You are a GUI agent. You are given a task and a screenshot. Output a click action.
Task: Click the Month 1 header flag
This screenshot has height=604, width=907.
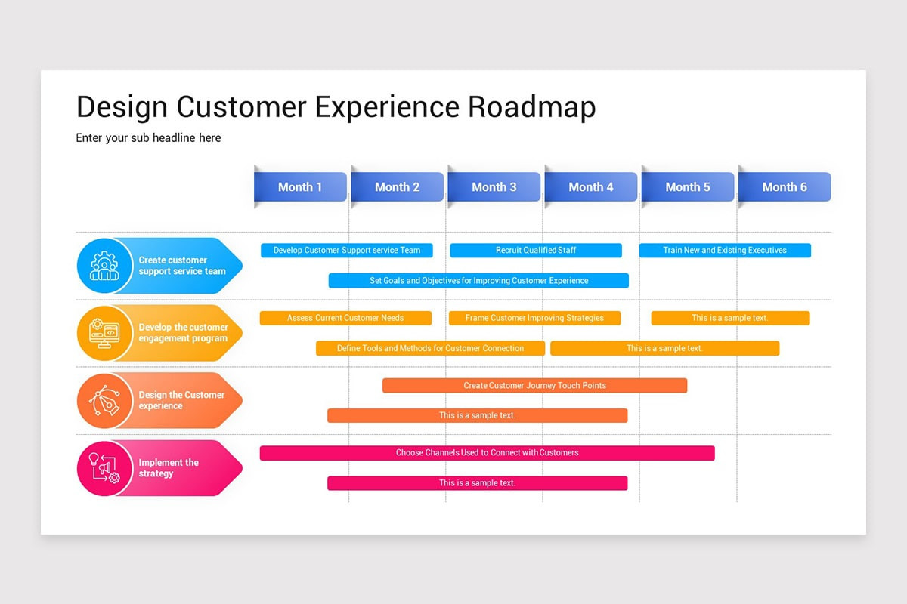[300, 187]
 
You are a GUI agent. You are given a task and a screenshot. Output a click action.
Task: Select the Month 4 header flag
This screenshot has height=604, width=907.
[591, 187]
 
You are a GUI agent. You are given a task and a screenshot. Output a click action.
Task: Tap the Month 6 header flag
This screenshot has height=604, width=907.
[785, 187]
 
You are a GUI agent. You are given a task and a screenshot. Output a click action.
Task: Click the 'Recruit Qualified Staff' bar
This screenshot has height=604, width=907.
[536, 250]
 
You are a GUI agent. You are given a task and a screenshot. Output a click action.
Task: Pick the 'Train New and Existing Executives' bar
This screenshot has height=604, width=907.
[725, 250]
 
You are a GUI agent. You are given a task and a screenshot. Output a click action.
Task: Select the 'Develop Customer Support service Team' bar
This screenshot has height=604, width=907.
[347, 250]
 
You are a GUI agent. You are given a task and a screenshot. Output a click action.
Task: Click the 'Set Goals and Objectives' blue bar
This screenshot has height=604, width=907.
[478, 280]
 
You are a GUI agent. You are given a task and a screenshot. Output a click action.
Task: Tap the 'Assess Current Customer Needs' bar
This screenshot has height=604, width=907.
[345, 318]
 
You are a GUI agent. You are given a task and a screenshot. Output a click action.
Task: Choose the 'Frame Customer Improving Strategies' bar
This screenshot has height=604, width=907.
[534, 318]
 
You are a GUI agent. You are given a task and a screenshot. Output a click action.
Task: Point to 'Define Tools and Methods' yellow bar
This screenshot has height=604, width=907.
[430, 348]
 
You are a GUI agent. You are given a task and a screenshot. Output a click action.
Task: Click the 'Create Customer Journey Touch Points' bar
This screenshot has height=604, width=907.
[534, 385]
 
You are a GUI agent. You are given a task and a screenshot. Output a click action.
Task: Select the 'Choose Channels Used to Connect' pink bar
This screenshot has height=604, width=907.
[487, 452]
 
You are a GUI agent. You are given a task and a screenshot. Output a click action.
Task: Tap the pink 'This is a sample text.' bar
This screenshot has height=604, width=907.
[477, 482]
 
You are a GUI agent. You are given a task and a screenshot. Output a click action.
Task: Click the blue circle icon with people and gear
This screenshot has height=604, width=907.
[104, 266]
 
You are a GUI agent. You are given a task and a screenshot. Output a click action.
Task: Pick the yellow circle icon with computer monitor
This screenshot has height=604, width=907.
[104, 333]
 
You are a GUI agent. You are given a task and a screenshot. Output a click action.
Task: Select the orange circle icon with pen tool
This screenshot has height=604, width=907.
[104, 400]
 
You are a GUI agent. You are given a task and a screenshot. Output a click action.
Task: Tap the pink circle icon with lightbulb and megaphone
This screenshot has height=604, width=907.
[104, 468]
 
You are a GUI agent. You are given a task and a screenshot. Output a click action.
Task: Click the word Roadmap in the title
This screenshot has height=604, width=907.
[531, 107]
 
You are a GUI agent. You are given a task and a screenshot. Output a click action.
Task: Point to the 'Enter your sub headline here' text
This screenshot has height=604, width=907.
[148, 138]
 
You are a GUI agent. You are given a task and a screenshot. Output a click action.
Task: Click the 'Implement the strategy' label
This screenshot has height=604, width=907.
[169, 468]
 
